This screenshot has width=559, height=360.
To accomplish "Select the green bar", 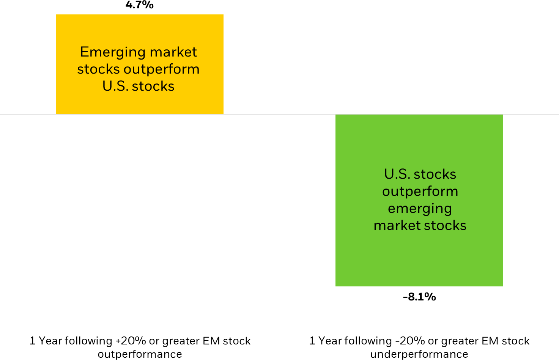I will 419,258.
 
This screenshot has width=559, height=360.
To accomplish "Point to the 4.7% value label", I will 140,5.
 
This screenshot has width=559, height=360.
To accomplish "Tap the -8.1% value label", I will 419,297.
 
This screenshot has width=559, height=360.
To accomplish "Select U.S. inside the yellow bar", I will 115,86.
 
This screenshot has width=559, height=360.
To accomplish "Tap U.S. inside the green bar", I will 397,174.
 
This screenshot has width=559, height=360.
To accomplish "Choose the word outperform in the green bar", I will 420,191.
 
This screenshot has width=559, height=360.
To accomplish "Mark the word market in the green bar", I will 396,225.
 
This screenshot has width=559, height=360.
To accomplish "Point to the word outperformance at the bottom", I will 140,354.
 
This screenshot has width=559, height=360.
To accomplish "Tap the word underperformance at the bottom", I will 419,354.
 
